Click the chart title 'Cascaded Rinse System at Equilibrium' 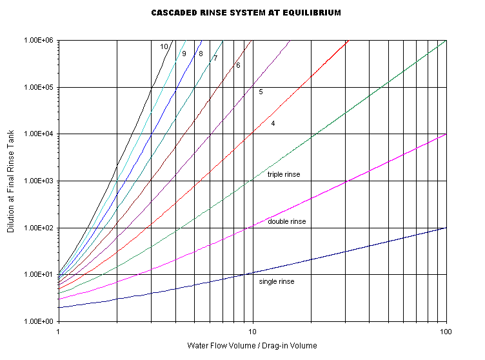click(x=246, y=13)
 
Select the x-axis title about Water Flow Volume click(x=252, y=345)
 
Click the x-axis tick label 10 click(x=253, y=331)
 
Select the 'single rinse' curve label click(x=277, y=282)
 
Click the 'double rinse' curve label click(x=286, y=222)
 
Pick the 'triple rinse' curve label click(x=284, y=175)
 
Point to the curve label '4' click(x=273, y=123)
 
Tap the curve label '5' click(x=261, y=92)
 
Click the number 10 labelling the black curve click(x=164, y=46)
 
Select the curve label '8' click(x=201, y=54)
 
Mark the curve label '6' click(x=238, y=65)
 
